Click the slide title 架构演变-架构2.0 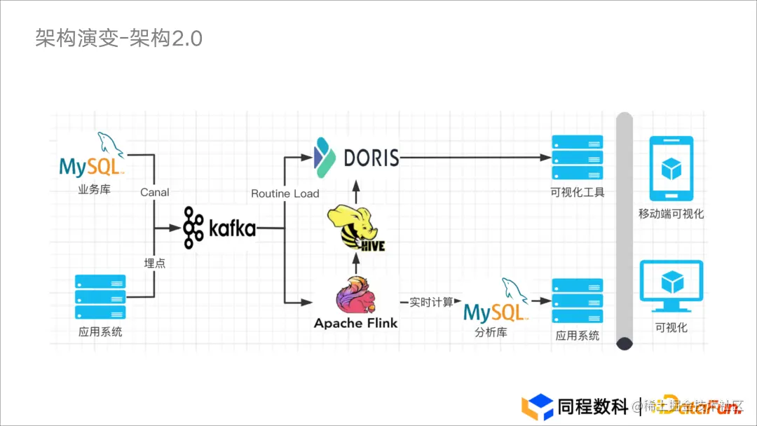coord(118,38)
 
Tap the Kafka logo coord(219,227)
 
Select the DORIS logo coord(357,157)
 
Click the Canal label coord(154,192)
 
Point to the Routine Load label coord(285,193)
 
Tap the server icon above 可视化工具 coord(577,157)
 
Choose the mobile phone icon coord(671,167)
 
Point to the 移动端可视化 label coord(671,214)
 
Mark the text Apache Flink coord(355,323)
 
